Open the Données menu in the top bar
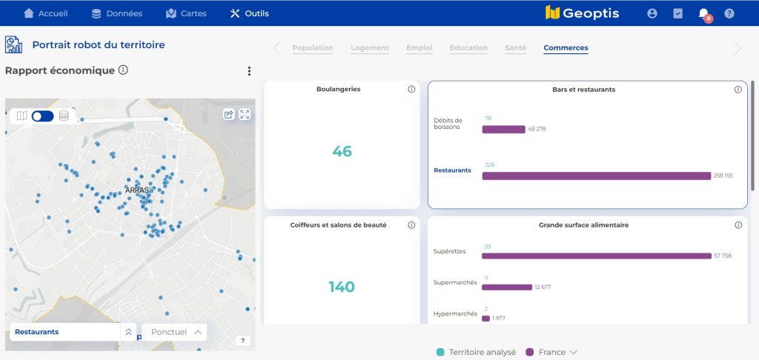[x=116, y=13]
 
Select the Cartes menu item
[x=186, y=13]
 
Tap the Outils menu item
[x=250, y=13]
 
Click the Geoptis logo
[x=582, y=13]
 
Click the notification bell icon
[x=703, y=13]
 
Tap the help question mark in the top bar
[x=729, y=13]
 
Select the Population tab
[x=313, y=48]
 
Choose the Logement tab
[x=370, y=48]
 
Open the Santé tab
[x=516, y=48]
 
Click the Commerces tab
[x=566, y=48]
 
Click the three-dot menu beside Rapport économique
[x=249, y=71]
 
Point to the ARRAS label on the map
[x=137, y=190]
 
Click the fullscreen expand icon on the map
[x=245, y=114]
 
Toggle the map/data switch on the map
[x=42, y=116]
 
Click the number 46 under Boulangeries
[x=342, y=152]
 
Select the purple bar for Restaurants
[x=596, y=176]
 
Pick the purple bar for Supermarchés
[x=507, y=287]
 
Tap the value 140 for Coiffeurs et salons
[x=342, y=287]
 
